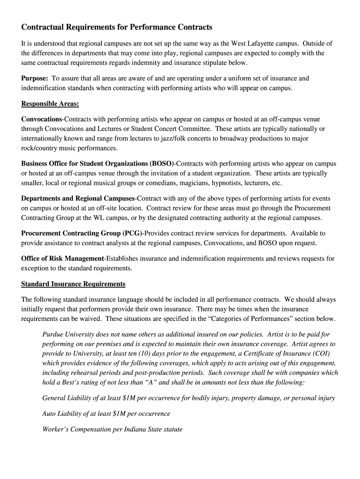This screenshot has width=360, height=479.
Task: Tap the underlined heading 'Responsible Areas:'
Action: coord(50,103)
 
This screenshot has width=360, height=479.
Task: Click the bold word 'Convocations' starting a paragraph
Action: coord(42,119)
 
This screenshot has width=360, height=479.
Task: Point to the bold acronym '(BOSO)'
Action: coord(162,164)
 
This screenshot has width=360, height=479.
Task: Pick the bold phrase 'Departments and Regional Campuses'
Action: coord(78,198)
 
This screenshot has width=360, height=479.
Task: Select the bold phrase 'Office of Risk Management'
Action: coord(62,258)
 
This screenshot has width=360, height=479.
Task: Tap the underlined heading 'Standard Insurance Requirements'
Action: coord(73,283)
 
